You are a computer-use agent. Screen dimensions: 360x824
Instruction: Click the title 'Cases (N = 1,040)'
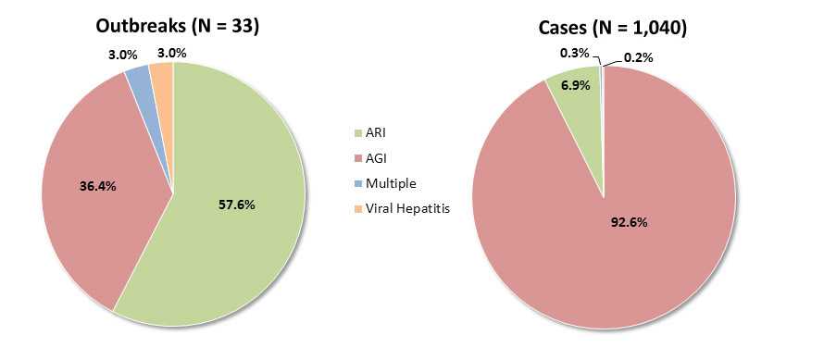click(x=612, y=28)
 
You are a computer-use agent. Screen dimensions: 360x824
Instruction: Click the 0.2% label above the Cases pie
click(x=638, y=57)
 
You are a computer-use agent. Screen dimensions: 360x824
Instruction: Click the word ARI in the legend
click(x=377, y=135)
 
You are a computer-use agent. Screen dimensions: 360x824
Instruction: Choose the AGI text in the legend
click(x=377, y=159)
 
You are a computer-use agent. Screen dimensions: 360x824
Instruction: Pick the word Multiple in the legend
click(x=391, y=183)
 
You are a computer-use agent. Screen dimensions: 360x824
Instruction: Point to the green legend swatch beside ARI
click(x=357, y=135)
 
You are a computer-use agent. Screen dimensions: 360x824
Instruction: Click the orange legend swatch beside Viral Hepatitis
click(x=357, y=208)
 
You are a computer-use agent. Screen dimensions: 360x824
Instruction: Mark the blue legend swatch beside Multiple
click(x=357, y=184)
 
